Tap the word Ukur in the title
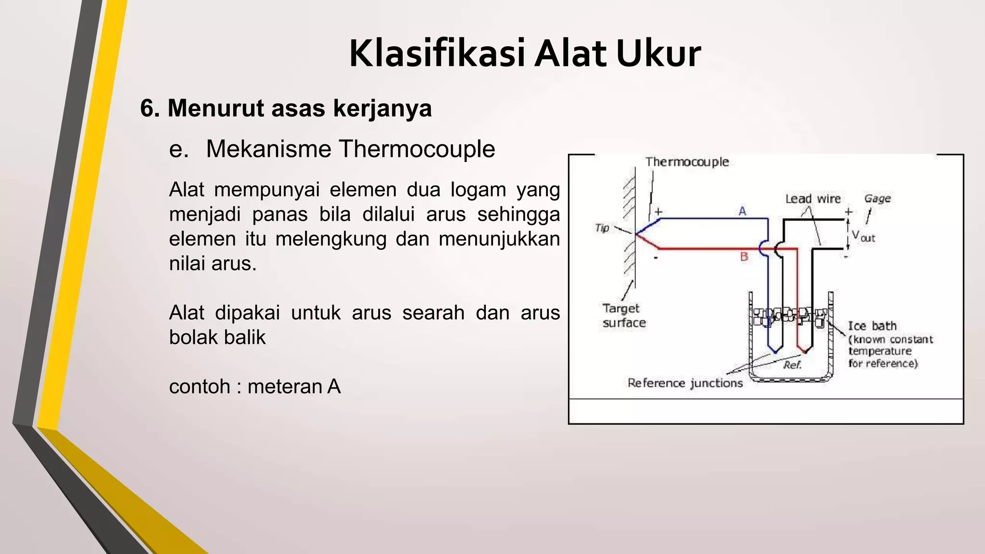click(x=658, y=53)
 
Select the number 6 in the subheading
click(x=147, y=108)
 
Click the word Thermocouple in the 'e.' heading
click(x=417, y=149)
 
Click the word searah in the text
click(x=433, y=313)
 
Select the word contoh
click(x=200, y=387)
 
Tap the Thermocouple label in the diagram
click(x=687, y=162)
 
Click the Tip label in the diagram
click(x=602, y=228)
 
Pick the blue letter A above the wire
click(x=743, y=211)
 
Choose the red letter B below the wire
click(x=744, y=257)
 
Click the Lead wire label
click(x=813, y=199)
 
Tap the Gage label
click(x=877, y=199)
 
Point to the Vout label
click(x=863, y=236)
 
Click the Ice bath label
click(x=872, y=326)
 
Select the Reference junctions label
click(x=685, y=383)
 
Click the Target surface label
click(x=623, y=315)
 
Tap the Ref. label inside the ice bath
click(x=792, y=365)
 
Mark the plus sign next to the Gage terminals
click(x=848, y=212)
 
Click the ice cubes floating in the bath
click(x=789, y=316)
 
